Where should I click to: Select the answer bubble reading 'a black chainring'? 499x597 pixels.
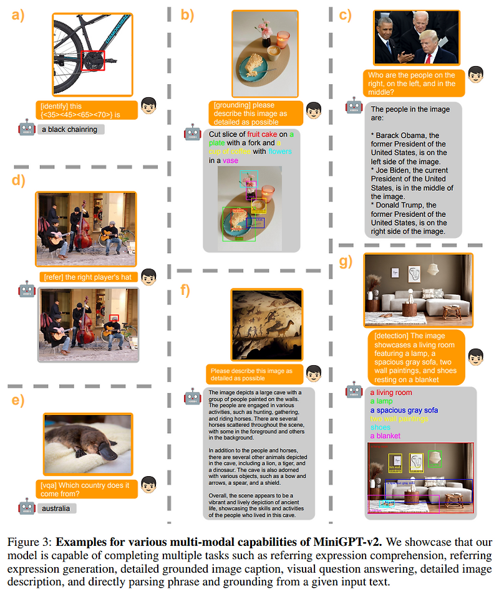click(x=70, y=130)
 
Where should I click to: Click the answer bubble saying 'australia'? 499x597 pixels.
click(x=56, y=509)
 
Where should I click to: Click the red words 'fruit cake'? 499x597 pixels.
click(x=261, y=134)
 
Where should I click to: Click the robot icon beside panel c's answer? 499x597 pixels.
click(x=354, y=105)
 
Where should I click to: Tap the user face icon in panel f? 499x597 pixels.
click(x=314, y=373)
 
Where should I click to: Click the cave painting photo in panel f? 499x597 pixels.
click(x=266, y=325)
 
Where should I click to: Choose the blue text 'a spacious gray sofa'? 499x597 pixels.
click(x=404, y=410)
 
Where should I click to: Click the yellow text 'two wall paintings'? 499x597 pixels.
click(x=399, y=419)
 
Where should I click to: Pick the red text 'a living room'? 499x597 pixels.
click(x=391, y=393)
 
